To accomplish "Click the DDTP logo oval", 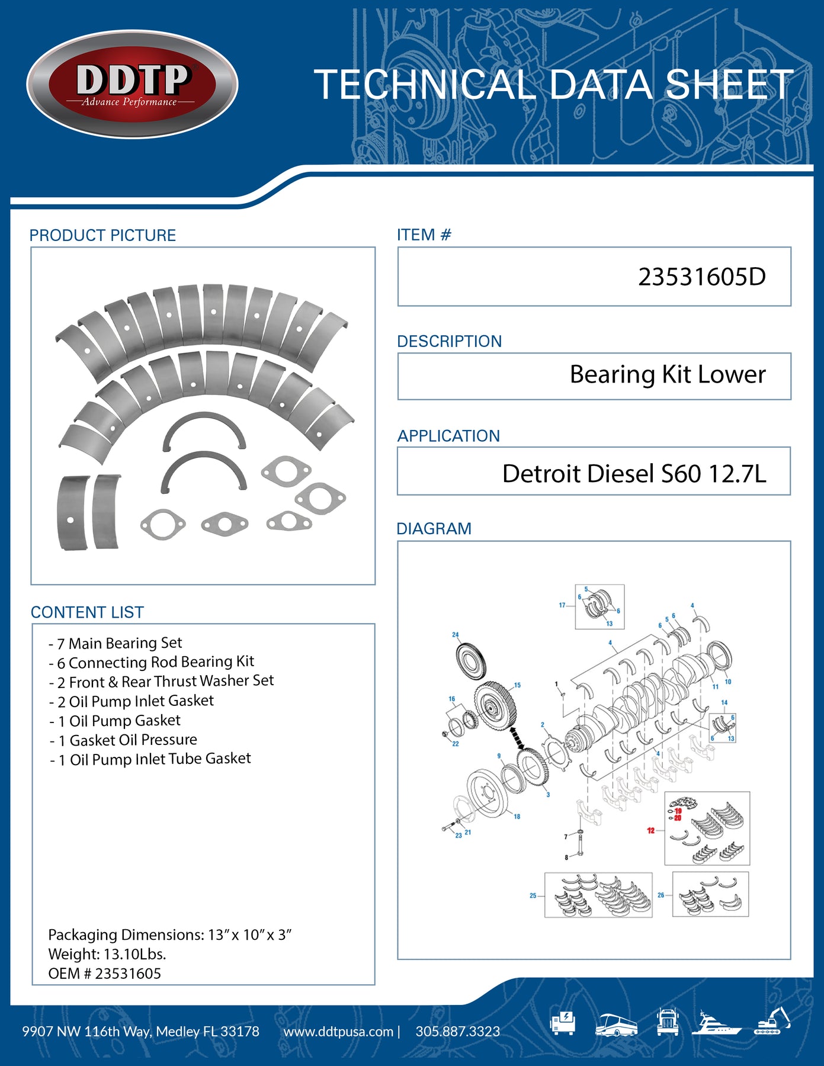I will pos(132,84).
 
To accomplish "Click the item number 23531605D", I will pos(701,277).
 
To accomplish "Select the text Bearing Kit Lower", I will pos(667,374).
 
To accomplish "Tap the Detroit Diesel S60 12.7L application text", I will pos(634,473).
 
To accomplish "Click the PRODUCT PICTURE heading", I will pos(102,235).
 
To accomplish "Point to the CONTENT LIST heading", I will pos(87,612).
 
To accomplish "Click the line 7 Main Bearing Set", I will pos(116,643).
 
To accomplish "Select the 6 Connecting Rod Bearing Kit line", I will pos(152,662).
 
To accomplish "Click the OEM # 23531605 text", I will pos(104,973).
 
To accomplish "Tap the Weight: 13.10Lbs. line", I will pos(107,954).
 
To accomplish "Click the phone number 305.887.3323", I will pos(457,1031).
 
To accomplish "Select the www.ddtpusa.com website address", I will pos(338,1031).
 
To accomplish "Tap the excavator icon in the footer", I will pos(772,1022).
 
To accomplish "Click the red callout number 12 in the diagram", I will pos(650,830).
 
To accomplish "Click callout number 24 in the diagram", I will pos(455,634).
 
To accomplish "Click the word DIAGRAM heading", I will pos(434,528).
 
